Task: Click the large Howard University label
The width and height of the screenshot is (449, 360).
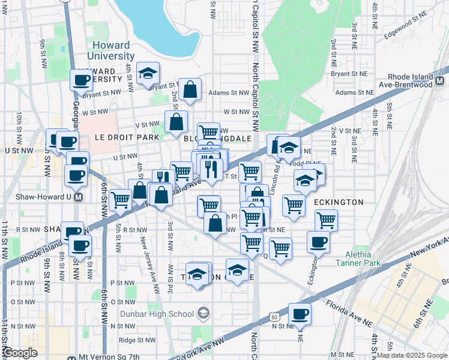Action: click(x=111, y=50)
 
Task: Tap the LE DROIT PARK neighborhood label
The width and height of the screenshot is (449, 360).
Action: click(x=127, y=137)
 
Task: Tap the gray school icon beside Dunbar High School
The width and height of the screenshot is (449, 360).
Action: click(x=203, y=313)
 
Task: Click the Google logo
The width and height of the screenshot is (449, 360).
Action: click(x=20, y=353)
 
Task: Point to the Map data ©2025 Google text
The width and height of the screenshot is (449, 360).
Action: click(x=412, y=355)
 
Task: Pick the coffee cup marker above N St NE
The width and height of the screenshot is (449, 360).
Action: click(x=300, y=313)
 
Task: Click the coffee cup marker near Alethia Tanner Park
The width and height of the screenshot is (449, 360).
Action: click(x=318, y=242)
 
